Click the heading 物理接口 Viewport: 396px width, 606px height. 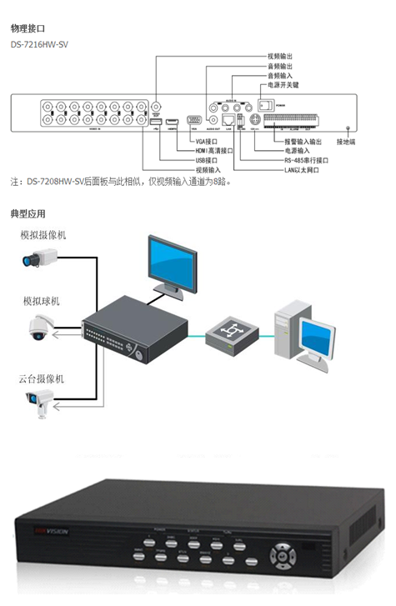[28, 28]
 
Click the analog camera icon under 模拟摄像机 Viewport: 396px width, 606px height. [38, 261]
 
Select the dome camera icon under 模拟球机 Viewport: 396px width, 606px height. [40, 326]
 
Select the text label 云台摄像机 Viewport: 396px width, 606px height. [42, 378]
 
